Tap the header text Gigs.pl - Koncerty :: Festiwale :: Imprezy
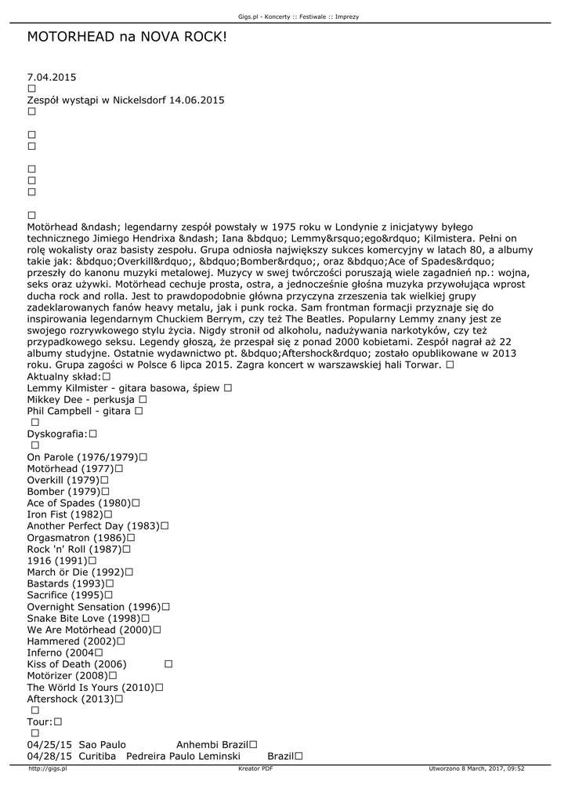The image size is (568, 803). point(283,16)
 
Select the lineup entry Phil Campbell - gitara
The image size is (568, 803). point(79,411)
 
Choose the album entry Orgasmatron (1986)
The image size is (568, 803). point(75,538)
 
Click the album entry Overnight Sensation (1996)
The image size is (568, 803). point(92,607)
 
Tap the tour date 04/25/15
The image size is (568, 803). point(49,744)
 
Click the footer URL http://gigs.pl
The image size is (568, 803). point(48,769)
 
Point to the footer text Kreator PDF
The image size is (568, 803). point(255,769)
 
